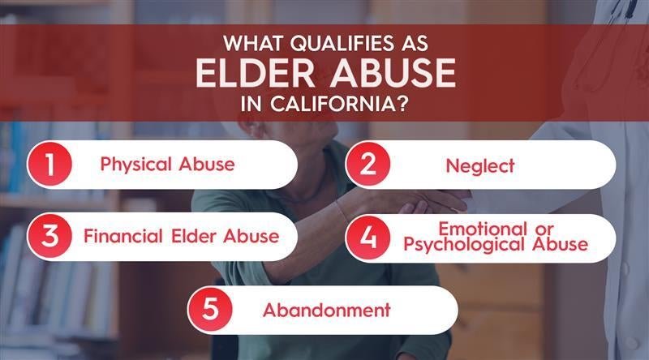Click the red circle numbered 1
tap(49, 165)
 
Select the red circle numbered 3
tap(49, 238)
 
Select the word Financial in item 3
tap(122, 238)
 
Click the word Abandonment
tap(327, 310)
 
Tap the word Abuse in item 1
tap(208, 165)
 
